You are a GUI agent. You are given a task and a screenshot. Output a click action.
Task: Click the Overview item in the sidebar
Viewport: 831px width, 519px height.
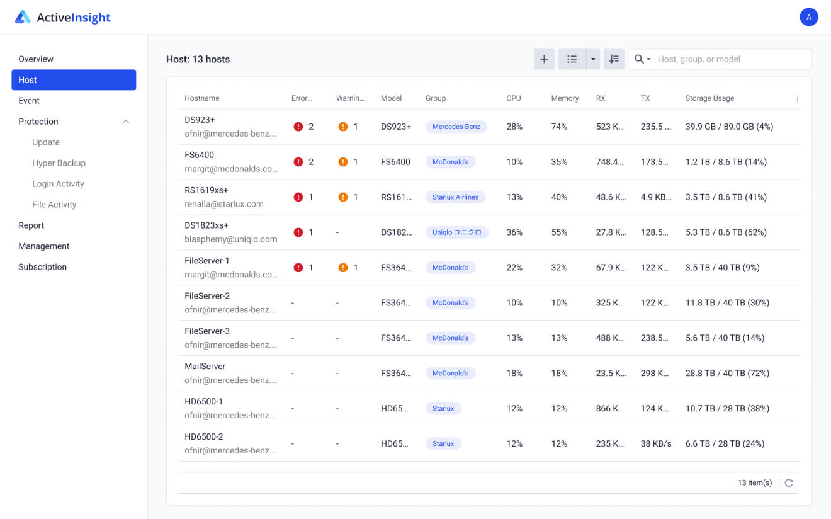tap(36, 59)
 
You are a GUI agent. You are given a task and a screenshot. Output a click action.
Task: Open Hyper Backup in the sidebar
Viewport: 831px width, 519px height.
tap(59, 163)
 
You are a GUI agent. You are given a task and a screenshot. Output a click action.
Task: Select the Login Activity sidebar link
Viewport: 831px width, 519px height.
tap(58, 184)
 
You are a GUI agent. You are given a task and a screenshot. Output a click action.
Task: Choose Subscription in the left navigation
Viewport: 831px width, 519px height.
tap(42, 267)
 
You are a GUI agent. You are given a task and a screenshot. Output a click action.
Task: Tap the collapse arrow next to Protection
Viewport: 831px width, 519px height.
tap(126, 122)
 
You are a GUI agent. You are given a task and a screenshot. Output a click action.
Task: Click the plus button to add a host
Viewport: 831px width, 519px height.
tap(544, 59)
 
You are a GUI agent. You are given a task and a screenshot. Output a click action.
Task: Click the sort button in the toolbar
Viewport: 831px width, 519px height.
tap(614, 59)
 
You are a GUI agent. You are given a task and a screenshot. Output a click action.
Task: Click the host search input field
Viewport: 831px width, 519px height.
tap(730, 59)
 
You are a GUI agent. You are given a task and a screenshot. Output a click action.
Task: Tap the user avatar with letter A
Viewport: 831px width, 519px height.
tap(808, 17)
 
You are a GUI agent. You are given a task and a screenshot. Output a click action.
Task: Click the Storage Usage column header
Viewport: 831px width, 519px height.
tap(709, 98)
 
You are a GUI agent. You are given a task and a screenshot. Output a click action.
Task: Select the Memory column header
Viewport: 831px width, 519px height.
tap(565, 98)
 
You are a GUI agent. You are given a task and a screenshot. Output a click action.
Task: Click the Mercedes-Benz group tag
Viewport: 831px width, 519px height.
tap(456, 127)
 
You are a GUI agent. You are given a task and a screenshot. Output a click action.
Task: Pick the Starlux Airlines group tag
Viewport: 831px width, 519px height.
tap(455, 197)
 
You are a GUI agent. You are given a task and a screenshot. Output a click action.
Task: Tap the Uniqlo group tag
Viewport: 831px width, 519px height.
tap(456, 232)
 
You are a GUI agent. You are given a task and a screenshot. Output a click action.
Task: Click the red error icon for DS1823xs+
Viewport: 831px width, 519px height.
tap(298, 232)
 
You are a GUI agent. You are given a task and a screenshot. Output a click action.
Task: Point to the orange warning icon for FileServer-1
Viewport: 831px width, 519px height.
tap(343, 268)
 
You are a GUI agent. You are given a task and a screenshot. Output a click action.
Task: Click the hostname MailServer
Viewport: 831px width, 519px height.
tap(205, 366)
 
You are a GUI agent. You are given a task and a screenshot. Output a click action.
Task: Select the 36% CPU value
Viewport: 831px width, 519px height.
tap(514, 232)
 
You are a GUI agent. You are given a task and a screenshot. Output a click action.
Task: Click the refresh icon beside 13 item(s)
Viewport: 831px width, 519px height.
tap(789, 483)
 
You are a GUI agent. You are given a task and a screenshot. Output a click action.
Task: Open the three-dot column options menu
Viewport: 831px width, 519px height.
tap(797, 98)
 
